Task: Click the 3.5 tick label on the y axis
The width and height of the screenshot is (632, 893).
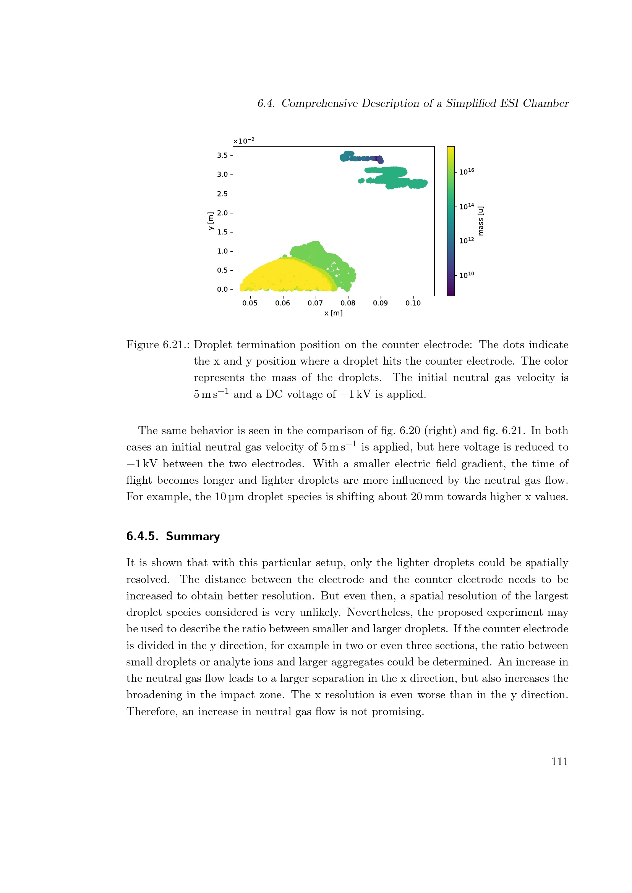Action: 222,155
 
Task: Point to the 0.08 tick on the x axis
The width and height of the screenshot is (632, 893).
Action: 347,303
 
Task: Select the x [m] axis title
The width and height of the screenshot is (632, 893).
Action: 333,313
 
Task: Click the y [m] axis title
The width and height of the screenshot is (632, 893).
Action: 211,221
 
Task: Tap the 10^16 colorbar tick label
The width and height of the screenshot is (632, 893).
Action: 467,171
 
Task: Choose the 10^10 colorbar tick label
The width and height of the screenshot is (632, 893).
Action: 467,275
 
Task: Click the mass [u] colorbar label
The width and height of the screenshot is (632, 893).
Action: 481,221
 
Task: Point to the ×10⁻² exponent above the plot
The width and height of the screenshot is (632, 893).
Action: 244,141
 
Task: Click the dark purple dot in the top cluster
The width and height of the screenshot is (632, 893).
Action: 377,158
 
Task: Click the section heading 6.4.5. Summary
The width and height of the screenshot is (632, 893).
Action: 173,536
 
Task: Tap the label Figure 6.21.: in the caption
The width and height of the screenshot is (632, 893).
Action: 157,345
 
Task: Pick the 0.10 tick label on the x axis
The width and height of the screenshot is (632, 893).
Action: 413,303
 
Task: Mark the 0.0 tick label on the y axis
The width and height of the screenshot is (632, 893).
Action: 222,289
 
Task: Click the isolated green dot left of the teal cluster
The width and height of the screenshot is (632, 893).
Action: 361,181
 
